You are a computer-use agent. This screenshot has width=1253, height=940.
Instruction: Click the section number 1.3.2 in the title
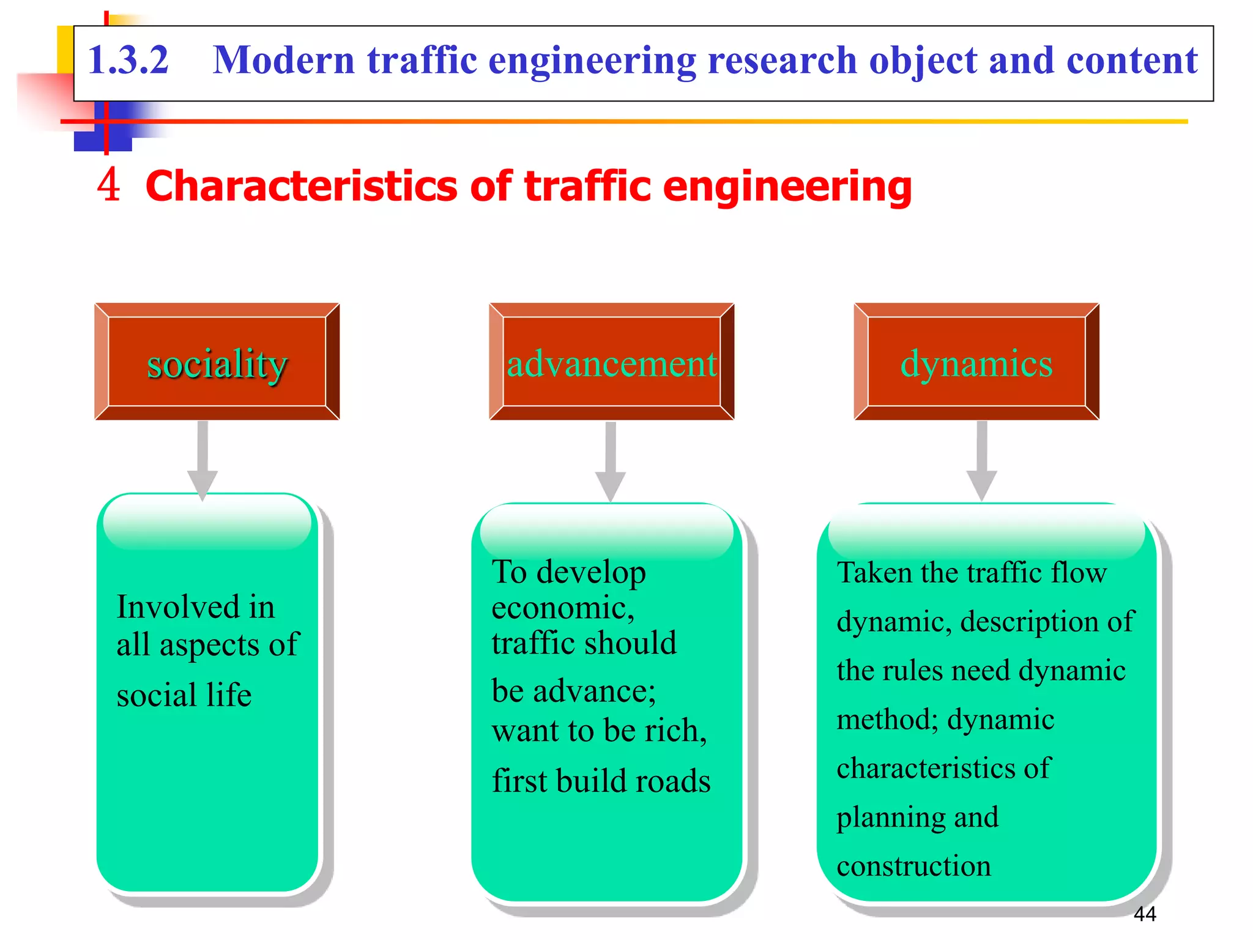click(128, 61)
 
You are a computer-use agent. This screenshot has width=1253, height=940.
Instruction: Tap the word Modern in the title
click(283, 61)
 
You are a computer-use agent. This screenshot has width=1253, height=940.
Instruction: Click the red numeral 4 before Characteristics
click(108, 185)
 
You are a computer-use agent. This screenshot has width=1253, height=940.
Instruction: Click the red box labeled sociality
click(217, 362)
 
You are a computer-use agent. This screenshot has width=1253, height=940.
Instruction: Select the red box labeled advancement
click(611, 362)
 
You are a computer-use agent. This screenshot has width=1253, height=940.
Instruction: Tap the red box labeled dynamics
click(976, 362)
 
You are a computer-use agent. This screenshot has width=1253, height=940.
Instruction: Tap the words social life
click(184, 695)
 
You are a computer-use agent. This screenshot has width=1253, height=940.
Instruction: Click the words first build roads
click(601, 781)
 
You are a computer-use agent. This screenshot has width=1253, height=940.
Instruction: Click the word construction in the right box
click(913, 866)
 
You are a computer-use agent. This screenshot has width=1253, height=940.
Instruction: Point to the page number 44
click(1144, 914)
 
